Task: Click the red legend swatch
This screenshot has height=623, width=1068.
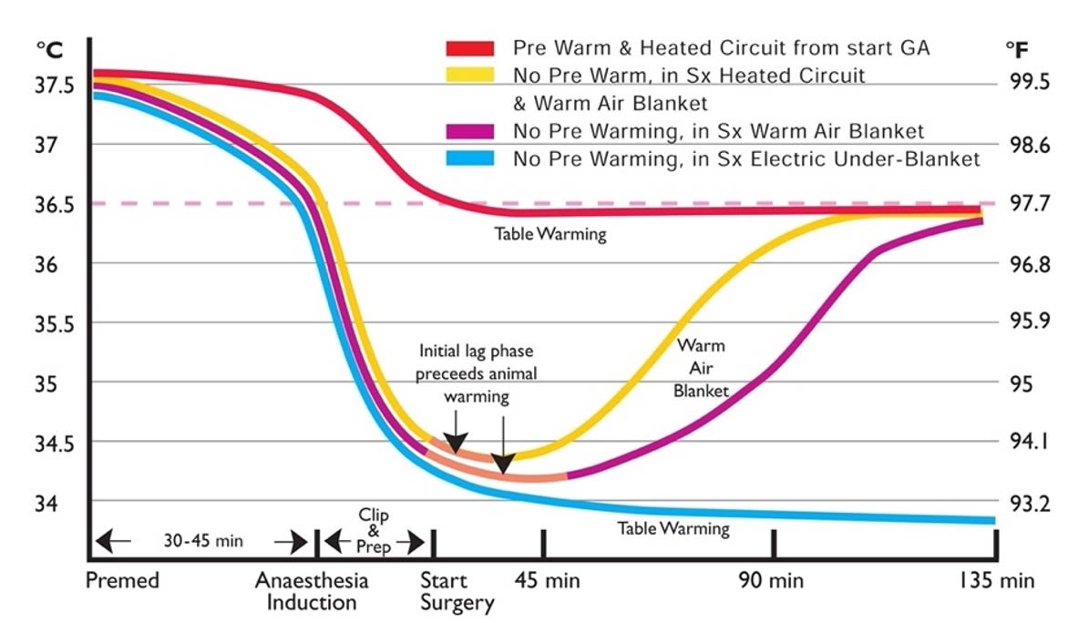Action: tap(469, 48)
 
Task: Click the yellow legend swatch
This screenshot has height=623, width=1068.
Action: tap(469, 76)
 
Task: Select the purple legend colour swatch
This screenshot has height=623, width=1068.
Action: tap(469, 131)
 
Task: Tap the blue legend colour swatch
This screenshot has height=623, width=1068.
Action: tap(469, 158)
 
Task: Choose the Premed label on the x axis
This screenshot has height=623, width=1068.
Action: tap(122, 580)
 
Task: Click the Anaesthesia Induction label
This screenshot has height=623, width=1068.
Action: tap(312, 590)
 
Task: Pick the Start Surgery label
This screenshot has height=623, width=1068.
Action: tap(457, 590)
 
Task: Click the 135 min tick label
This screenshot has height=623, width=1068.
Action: tap(998, 580)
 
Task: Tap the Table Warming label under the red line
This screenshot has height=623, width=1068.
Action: tap(550, 234)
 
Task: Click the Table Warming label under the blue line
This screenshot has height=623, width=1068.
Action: tap(673, 528)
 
